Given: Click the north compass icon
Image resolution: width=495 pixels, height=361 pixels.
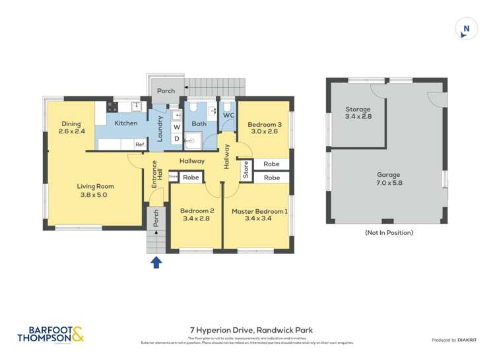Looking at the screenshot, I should point(467,28).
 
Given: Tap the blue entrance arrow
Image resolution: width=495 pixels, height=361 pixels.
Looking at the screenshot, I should point(156,263).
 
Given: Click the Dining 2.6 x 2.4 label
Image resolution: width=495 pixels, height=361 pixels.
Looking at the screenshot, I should point(71,127).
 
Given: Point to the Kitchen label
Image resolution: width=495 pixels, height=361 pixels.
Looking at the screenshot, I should point(125,123).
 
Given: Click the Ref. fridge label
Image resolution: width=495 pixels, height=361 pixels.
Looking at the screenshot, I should point(140,145).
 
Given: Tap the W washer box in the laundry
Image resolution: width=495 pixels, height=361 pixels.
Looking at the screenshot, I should point(177,127).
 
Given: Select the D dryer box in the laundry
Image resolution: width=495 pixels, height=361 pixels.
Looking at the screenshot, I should point(177,139).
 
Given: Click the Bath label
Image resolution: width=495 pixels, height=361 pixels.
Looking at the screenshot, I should point(199,123).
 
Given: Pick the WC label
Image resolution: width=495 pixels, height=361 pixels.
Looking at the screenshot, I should point(228,115).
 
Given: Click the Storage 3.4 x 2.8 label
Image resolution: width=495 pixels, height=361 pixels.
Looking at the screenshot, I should point(358,113).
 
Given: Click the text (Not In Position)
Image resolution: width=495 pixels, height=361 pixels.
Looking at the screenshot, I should point(389,232).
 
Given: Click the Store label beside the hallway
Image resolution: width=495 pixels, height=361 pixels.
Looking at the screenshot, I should point(246,170).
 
